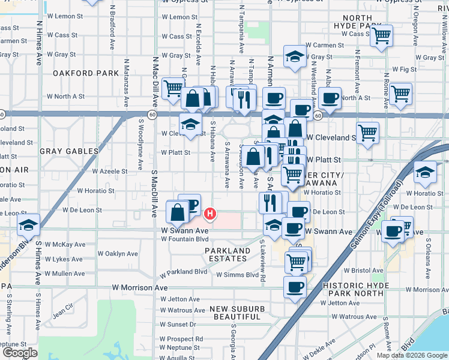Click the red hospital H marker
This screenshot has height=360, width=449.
210,213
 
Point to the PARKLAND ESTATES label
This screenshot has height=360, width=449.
228,254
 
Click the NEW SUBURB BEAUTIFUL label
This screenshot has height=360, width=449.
239,312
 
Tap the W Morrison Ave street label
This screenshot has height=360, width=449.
140,288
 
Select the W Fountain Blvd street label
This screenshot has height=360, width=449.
184,239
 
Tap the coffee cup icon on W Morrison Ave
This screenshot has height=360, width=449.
295,287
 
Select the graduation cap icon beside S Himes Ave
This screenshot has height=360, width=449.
28,224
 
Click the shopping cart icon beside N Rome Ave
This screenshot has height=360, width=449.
400,93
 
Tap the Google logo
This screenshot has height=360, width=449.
20,353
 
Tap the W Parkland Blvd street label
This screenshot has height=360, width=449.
183,272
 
